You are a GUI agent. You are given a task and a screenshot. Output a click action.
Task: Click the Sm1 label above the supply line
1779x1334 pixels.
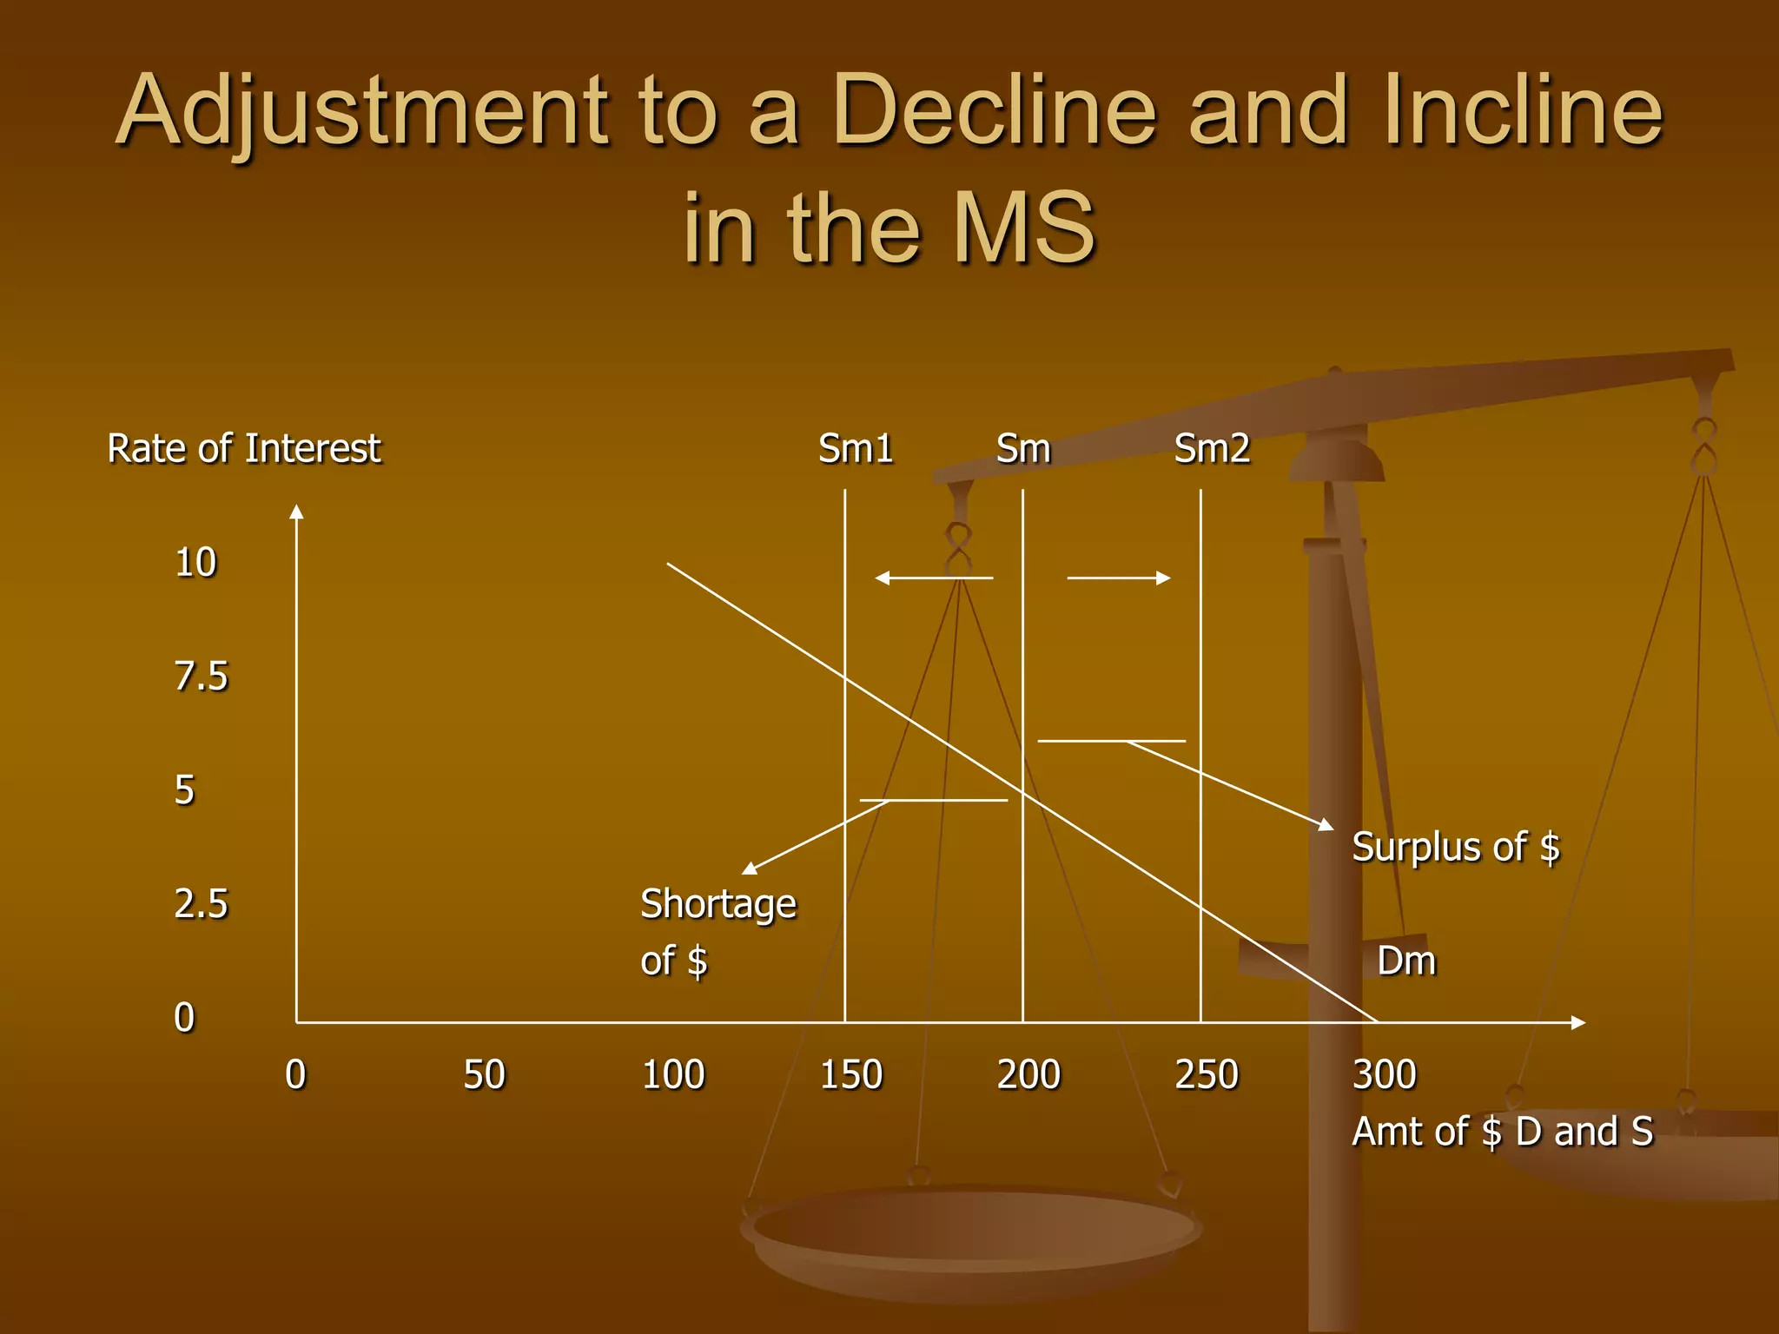tap(856, 449)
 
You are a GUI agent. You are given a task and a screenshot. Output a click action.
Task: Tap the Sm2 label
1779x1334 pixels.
tap(1212, 449)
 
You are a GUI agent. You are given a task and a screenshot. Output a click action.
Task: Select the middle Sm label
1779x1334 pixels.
tap(1023, 449)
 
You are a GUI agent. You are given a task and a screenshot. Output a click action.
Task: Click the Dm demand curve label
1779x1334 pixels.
tap(1406, 961)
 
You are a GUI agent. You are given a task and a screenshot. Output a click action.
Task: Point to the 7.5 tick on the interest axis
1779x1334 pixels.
tap(201, 677)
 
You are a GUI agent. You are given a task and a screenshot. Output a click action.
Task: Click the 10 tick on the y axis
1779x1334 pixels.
tap(195, 563)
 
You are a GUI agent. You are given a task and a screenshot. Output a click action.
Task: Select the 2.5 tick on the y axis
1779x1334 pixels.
tap(201, 904)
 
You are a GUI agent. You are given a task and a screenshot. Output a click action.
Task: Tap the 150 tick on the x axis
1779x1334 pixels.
tap(851, 1075)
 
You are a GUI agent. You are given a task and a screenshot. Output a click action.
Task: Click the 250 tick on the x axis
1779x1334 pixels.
tap(1207, 1075)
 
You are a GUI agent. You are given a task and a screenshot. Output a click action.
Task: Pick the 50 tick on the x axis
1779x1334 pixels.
tap(484, 1075)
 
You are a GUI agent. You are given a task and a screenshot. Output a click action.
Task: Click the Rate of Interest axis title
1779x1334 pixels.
tap(244, 449)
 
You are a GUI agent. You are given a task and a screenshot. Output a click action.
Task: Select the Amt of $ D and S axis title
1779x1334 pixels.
tap(1503, 1132)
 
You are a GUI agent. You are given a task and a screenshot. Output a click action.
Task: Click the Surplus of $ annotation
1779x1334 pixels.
tap(1456, 847)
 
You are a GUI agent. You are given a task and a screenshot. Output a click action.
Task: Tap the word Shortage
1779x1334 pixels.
tap(718, 904)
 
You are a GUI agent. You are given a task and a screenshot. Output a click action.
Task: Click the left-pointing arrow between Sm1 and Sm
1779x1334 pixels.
tap(933, 578)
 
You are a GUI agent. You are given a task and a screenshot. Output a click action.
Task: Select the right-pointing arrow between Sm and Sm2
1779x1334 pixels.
tap(1119, 578)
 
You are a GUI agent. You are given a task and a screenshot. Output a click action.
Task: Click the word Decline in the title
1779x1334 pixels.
tap(994, 111)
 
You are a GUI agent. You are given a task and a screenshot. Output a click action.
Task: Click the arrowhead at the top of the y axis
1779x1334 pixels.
tap(296, 512)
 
